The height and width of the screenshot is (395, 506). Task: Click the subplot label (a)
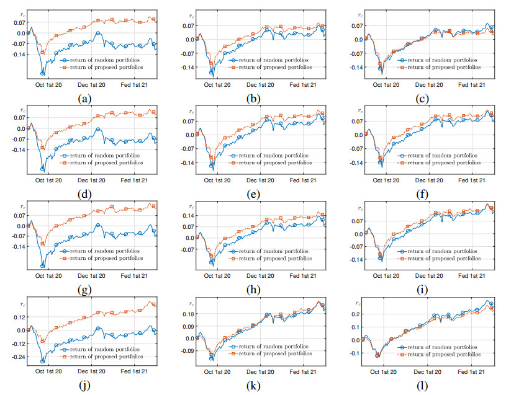tap(84, 98)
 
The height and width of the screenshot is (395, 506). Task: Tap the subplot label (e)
tap(253, 194)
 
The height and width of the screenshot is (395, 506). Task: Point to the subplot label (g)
tap(84, 289)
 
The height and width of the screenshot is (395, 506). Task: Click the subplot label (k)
tap(253, 385)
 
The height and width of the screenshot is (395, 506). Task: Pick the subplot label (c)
tap(421, 98)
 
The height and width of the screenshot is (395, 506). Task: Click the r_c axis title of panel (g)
tap(24, 206)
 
